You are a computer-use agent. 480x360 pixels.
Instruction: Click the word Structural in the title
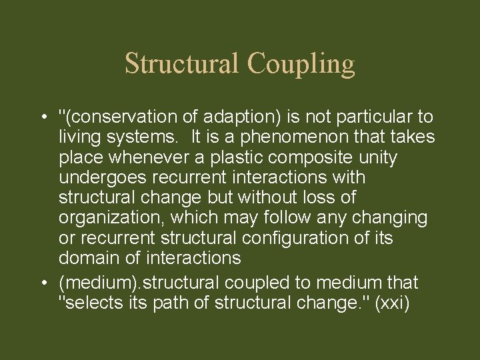coord(181,64)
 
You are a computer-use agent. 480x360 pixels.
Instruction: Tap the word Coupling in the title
coord(301,64)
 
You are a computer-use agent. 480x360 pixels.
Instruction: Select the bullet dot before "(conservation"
coord(42,117)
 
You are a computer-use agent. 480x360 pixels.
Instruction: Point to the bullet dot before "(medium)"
coord(42,283)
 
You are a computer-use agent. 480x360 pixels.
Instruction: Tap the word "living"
coord(78,137)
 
